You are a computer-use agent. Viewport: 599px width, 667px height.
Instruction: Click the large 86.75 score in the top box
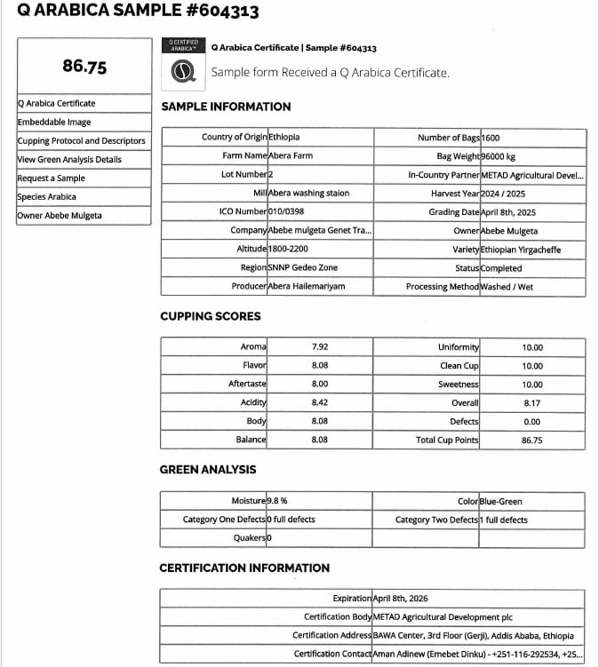coord(85,67)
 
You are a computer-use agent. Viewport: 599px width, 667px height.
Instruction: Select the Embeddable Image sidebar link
coord(54,122)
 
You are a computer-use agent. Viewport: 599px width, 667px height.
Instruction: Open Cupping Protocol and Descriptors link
coord(81,141)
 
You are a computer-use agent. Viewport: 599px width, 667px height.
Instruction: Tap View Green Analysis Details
coord(69,160)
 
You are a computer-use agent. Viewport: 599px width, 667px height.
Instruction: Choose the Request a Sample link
coord(52,179)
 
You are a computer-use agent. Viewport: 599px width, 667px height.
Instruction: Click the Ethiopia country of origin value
coord(284,138)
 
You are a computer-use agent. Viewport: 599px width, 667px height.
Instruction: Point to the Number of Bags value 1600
coord(491,138)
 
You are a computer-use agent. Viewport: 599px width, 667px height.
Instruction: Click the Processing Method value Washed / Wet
coord(519,287)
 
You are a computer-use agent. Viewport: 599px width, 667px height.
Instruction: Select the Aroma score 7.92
coord(320,347)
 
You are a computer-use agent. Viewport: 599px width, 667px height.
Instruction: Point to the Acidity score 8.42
coord(320,403)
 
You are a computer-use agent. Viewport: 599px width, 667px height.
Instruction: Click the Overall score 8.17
coord(532,403)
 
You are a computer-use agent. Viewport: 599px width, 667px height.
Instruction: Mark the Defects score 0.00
coord(532,422)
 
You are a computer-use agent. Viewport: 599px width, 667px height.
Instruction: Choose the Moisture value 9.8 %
coord(277,502)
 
